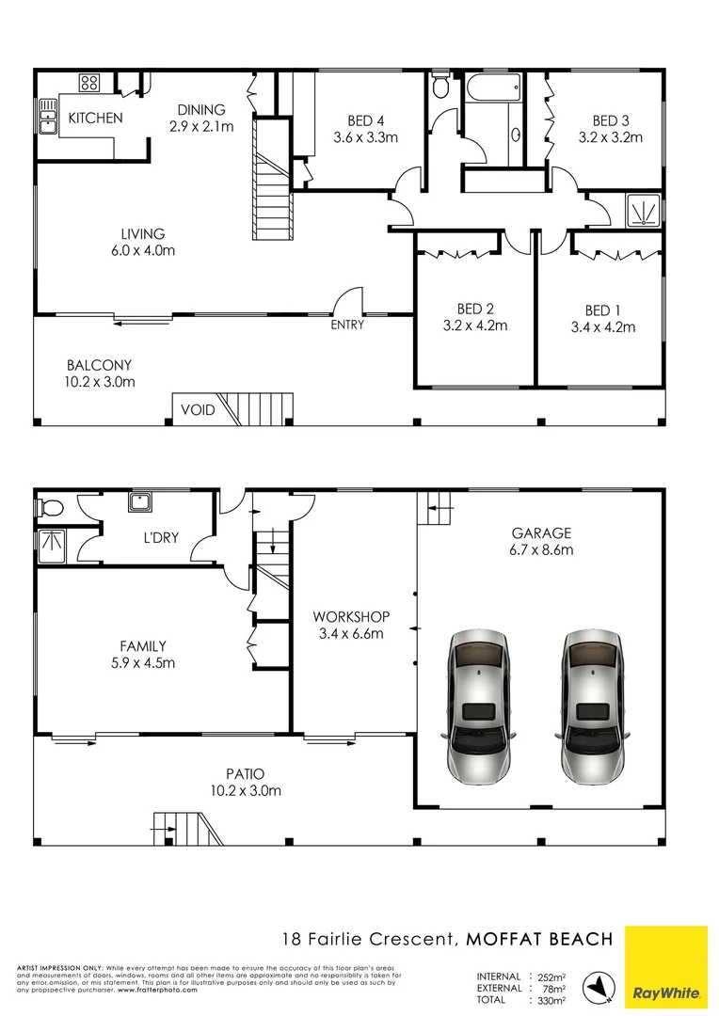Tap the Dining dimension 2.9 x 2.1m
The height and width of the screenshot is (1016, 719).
pos(201,126)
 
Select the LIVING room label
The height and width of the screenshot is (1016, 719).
pos(143,234)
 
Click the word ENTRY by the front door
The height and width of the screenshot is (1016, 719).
pos(347,325)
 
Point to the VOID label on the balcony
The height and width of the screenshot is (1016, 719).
pos(197,410)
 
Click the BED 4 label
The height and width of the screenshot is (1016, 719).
pos(366,120)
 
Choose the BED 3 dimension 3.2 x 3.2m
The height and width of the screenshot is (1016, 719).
pos(611,136)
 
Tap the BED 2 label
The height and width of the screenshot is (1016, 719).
pos(475,309)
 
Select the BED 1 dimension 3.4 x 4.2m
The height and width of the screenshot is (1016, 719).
pos(603,327)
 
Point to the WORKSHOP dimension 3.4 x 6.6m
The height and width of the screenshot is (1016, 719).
pos(351,634)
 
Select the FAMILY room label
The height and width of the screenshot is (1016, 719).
pos(143,646)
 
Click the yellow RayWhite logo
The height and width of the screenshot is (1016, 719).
pos(665,965)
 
